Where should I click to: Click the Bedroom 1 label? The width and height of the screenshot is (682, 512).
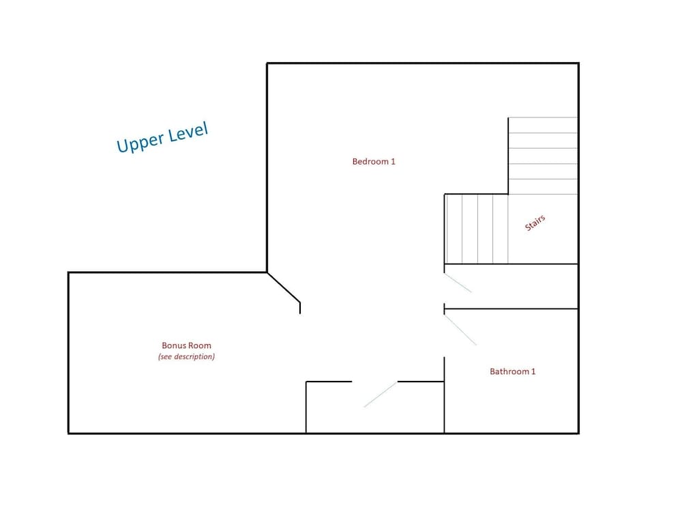coord(374,162)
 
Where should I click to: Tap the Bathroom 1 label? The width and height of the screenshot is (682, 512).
coord(512,371)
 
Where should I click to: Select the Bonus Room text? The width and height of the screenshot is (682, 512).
coord(186,345)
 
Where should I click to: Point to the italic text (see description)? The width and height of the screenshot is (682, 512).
coord(186,356)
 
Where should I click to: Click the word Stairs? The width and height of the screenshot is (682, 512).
coord(535,223)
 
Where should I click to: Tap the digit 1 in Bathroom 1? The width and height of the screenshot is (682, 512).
coord(534,371)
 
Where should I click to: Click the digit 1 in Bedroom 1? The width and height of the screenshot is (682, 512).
coord(394,162)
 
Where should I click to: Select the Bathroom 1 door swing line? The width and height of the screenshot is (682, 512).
coord(460,330)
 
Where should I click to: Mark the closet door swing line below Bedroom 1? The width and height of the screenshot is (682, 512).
coord(380,395)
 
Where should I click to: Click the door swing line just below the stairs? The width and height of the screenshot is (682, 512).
coord(458,283)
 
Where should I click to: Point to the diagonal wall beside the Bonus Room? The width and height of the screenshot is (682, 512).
coord(284,287)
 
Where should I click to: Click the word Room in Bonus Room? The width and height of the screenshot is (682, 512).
coord(201,345)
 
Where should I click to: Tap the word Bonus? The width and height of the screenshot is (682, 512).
coord(175,345)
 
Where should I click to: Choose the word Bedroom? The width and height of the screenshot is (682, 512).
coord(370,162)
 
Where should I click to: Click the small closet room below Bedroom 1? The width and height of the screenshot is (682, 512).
coord(375,408)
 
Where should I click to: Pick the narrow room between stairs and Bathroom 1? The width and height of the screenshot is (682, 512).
coord(511,287)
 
